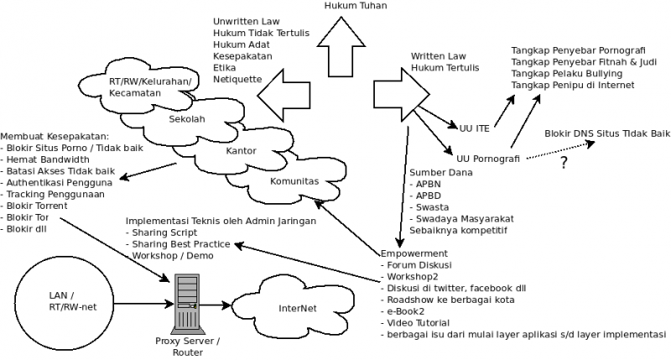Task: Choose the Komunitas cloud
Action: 294,180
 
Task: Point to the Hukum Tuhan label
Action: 351,6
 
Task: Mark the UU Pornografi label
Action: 490,157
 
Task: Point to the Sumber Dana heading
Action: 440,172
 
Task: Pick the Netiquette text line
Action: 237,79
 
